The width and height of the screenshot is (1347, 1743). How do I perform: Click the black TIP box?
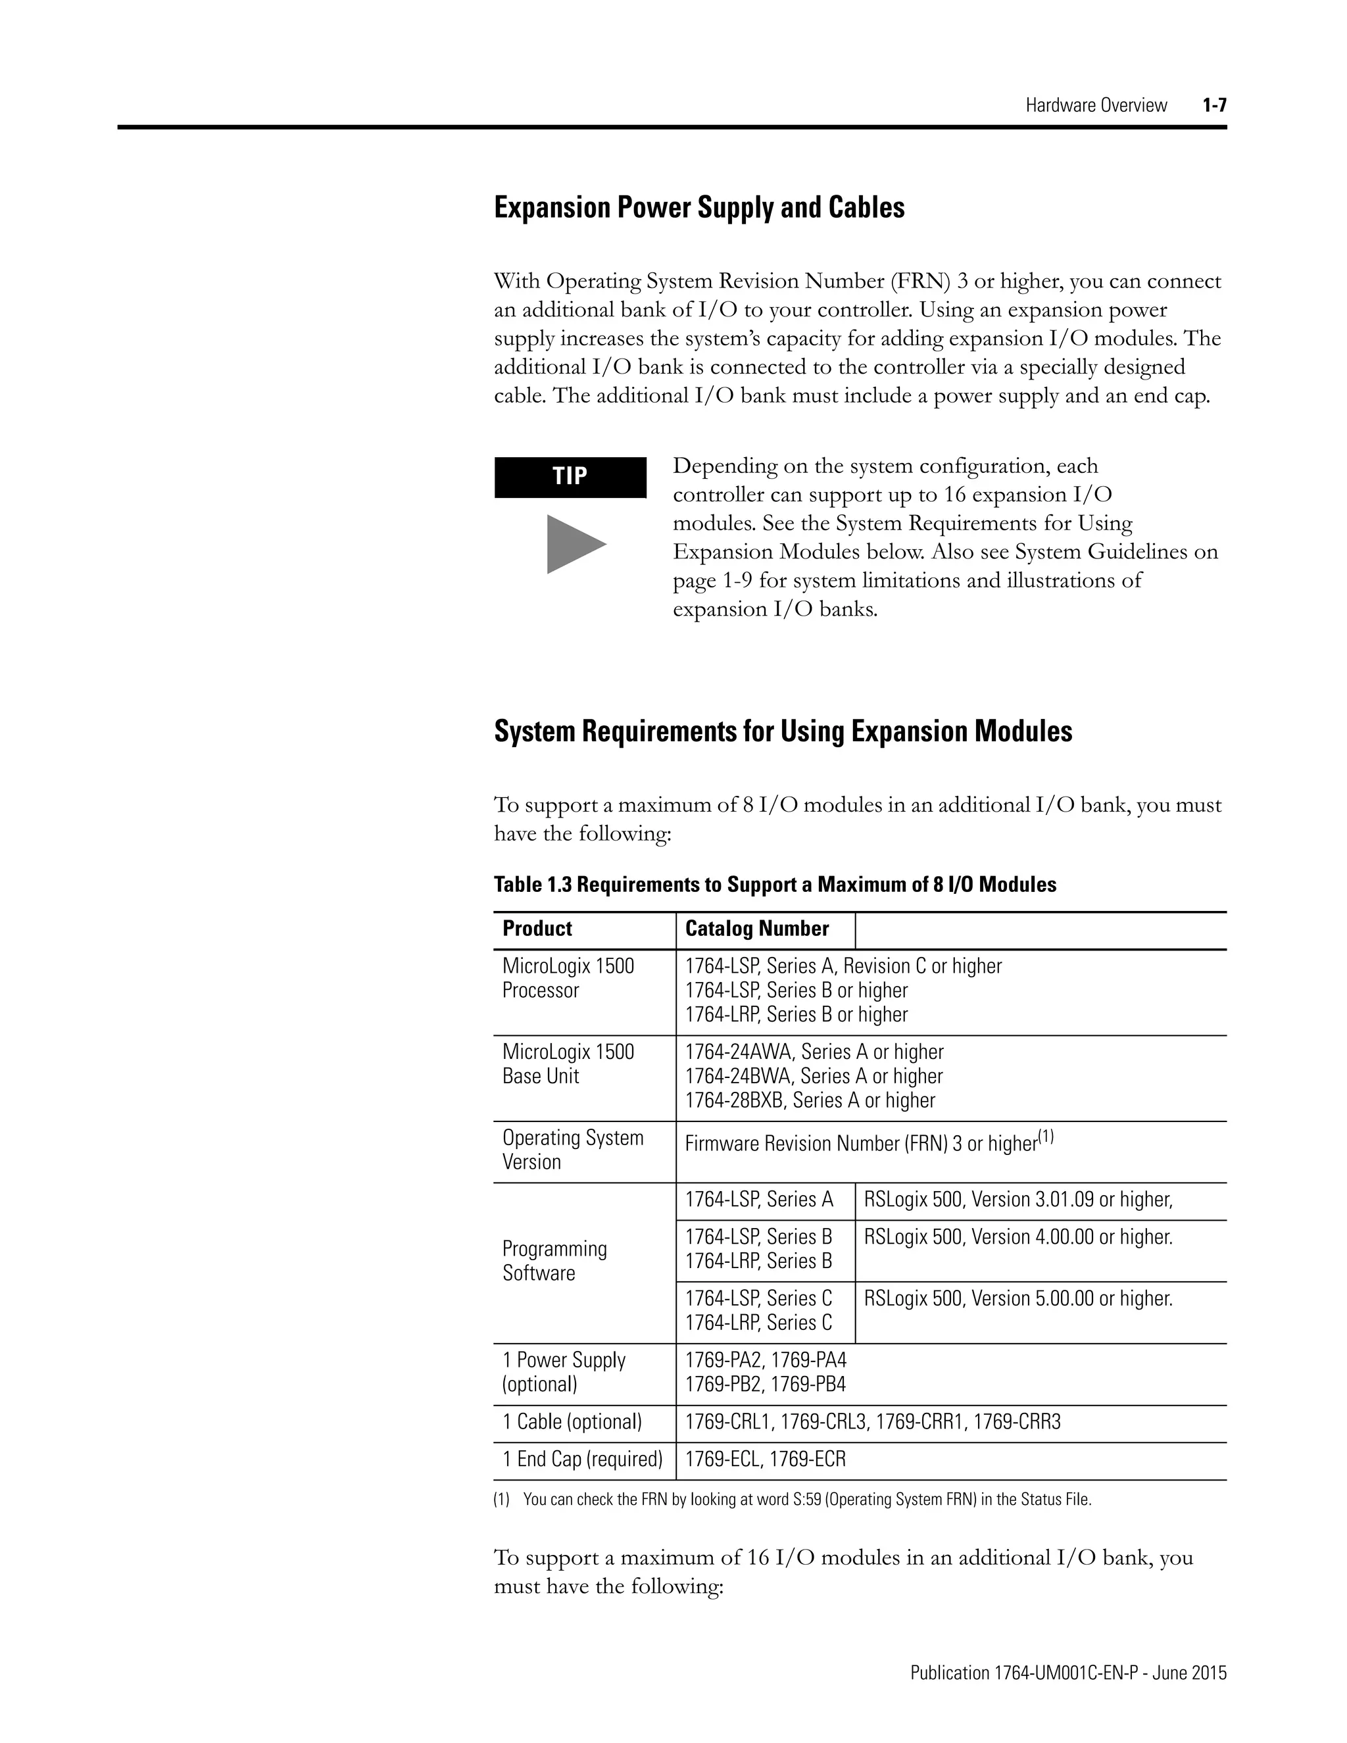coord(570,478)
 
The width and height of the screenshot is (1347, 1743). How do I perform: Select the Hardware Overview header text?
coord(1096,105)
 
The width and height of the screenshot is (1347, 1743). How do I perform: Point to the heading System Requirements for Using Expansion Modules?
coord(783,731)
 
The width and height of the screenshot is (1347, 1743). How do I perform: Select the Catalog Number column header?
coord(756,928)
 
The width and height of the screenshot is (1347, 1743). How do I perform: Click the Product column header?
coord(537,928)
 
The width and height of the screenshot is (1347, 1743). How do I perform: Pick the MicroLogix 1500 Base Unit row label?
coord(568,1064)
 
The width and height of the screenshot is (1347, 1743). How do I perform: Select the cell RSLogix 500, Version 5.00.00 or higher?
coord(1017,1298)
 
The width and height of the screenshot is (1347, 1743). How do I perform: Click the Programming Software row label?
coord(554,1261)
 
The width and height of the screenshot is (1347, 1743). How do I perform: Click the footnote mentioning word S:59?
coord(792,1500)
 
